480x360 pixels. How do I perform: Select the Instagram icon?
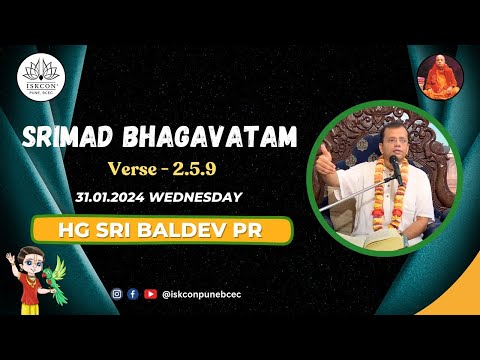coord(117,294)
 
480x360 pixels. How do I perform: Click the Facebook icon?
coord(133,294)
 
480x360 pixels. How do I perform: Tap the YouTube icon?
coord(150,294)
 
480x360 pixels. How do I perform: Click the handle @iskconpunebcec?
coord(199,294)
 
